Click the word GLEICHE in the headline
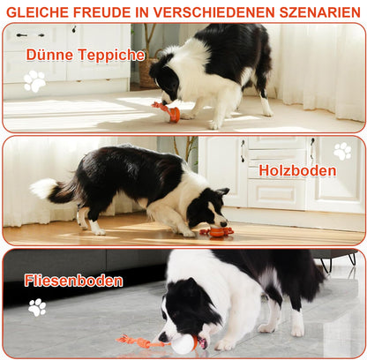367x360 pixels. pos(38,11)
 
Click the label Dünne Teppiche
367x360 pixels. pos(86,55)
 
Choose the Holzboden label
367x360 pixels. pos(297,170)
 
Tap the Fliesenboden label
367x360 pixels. pos(73,281)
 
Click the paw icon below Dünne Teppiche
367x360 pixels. pos(34,81)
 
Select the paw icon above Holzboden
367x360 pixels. pos(342,150)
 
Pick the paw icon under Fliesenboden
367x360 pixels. pos(37,307)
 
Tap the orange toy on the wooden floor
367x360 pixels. pos(216,232)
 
